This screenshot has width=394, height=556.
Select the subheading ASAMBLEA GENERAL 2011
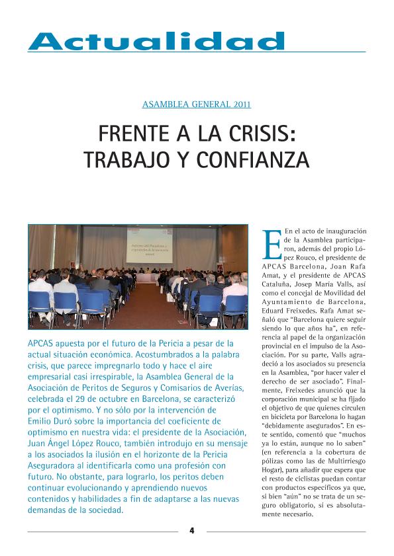pyautogui.click(x=197, y=104)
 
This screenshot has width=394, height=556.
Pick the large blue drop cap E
pyautogui.click(x=271, y=245)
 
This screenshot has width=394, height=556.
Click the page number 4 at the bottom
pyautogui.click(x=192, y=530)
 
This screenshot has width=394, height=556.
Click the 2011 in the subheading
pyautogui.click(x=242, y=104)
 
